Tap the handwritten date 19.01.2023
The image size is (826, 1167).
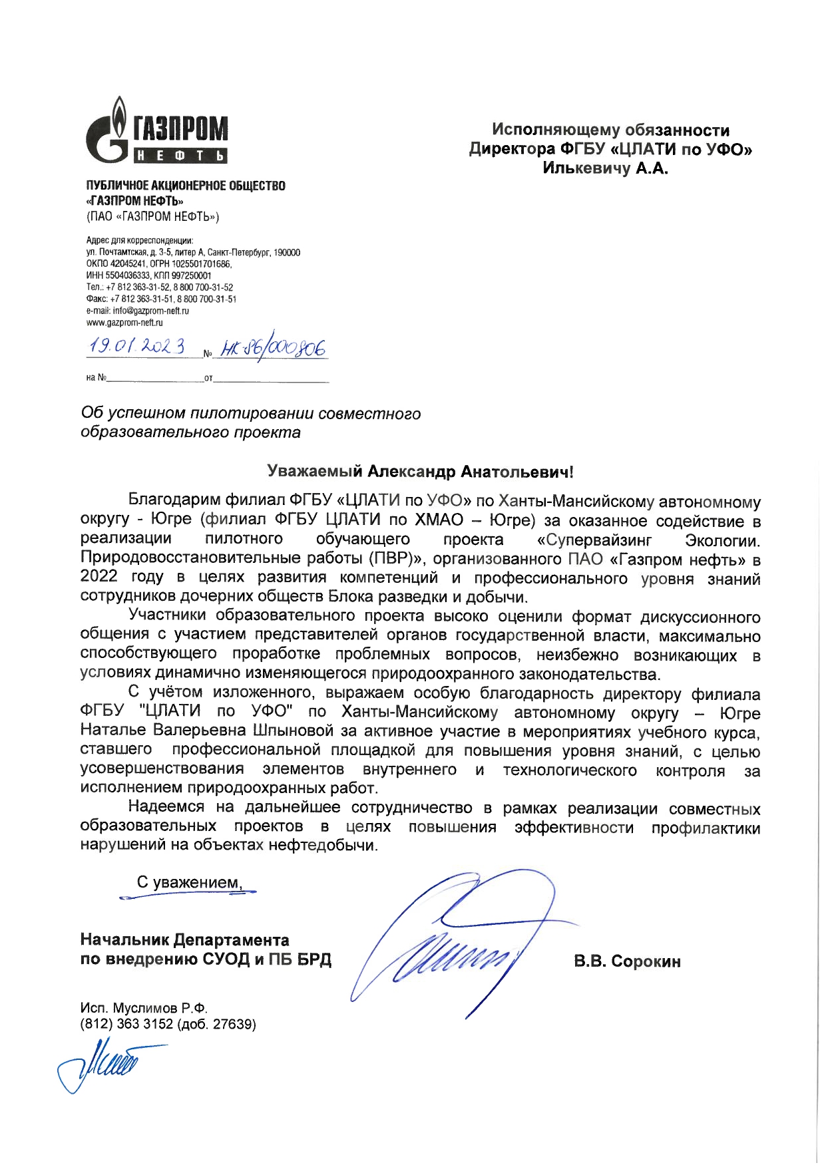tap(137, 347)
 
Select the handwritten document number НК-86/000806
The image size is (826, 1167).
tap(274, 349)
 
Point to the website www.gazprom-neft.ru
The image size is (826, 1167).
tap(124, 323)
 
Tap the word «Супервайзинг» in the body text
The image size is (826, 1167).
tap(594, 540)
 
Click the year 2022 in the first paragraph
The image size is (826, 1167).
tap(99, 577)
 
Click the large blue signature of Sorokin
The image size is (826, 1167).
tap(459, 945)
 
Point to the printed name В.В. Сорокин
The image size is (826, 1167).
tap(627, 961)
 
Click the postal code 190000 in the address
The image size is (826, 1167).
tap(287, 253)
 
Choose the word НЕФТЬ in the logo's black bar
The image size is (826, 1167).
tap(180, 156)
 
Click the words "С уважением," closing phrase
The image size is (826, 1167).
tap(189, 882)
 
